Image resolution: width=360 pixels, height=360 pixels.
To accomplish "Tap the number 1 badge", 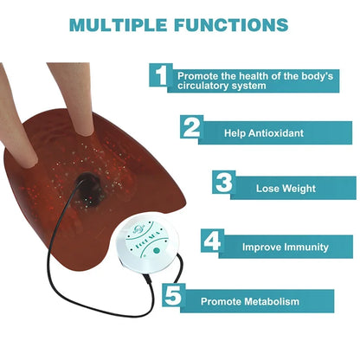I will point(159,76).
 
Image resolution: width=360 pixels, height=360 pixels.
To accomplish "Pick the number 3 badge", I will point(224,184).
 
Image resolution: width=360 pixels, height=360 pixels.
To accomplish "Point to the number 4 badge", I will point(212,241).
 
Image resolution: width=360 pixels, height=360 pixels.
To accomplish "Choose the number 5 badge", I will point(173,297).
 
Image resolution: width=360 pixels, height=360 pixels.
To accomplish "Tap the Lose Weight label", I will point(286,188).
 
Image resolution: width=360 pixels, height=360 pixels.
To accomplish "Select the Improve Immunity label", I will point(285,247).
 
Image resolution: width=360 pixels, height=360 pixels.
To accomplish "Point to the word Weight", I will point(298,188).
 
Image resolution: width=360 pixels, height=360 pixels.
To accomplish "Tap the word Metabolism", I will point(270,301).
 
